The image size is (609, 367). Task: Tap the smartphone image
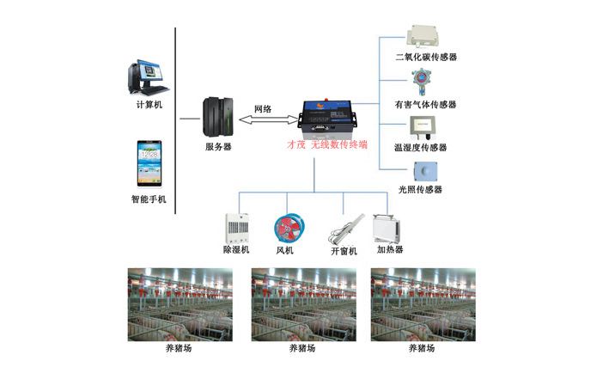pyautogui.click(x=149, y=164)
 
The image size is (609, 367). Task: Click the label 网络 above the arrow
pyautogui.click(x=263, y=109)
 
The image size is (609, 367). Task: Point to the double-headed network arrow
pyautogui.click(x=263, y=124)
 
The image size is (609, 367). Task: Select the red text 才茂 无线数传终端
pyautogui.click(x=326, y=145)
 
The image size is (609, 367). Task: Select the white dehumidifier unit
pyautogui.click(x=236, y=228)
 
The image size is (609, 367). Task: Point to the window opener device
pyautogui.click(x=343, y=229)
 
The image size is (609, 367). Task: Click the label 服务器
pyautogui.click(x=217, y=147)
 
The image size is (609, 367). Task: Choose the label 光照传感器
pyautogui.click(x=420, y=189)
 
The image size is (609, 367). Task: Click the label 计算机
pyautogui.click(x=149, y=105)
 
